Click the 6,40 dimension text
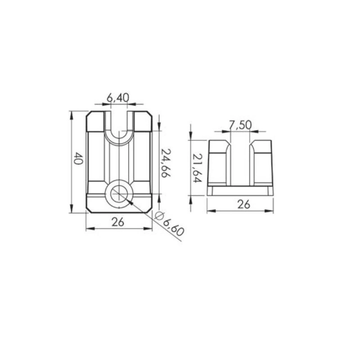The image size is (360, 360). click(x=118, y=97)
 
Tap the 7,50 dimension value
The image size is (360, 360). click(x=240, y=125)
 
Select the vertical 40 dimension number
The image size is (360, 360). click(x=77, y=159)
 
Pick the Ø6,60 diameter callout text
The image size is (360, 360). click(x=169, y=224)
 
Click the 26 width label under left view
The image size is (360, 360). click(x=118, y=222)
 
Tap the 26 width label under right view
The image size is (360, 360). click(x=243, y=204)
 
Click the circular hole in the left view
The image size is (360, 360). click(x=119, y=194)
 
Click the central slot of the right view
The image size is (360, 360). click(x=240, y=164)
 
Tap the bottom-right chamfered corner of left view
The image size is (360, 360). click(x=149, y=210)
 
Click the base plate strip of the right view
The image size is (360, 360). click(x=240, y=191)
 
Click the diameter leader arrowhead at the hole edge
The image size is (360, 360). click(x=130, y=203)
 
